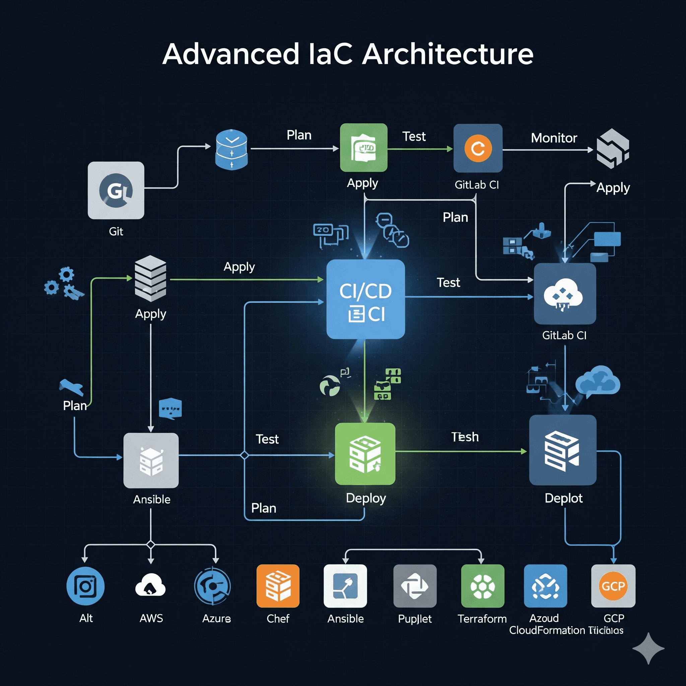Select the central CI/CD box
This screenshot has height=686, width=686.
[365, 299]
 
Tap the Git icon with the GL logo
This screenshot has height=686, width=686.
[116, 190]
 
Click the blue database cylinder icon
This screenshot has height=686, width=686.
[231, 149]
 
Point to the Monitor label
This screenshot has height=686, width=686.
[554, 138]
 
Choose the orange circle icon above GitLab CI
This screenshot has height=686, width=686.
[478, 148]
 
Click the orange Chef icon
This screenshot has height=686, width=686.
[278, 586]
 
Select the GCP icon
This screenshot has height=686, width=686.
[613, 586]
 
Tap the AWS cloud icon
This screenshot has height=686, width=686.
[150, 586]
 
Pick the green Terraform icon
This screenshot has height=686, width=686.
[482, 586]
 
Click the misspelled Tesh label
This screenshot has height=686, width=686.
[465, 437]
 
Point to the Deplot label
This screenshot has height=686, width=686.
[563, 498]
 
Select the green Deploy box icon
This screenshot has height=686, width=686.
[365, 454]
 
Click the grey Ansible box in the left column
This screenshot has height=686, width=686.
[151, 460]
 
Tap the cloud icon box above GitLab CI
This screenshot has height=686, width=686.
[564, 294]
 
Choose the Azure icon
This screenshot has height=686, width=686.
[213, 586]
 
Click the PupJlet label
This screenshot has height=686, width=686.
[415, 619]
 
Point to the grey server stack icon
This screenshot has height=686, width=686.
[150, 278]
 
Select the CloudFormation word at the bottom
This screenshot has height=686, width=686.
[547, 630]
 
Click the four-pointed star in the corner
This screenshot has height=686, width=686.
[648, 648]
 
